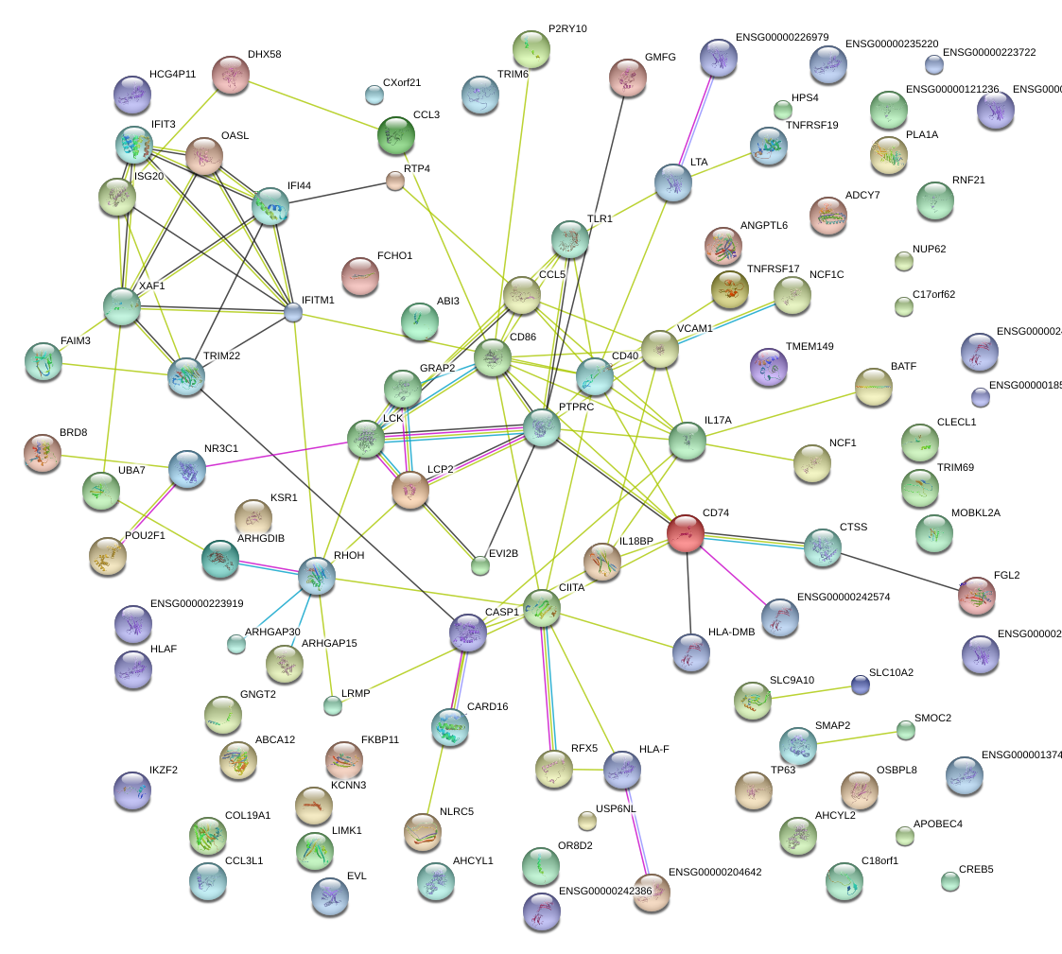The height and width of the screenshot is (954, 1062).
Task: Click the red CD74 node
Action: click(685, 533)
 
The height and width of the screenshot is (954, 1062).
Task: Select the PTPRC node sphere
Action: click(542, 427)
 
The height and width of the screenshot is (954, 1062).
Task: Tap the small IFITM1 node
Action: click(293, 311)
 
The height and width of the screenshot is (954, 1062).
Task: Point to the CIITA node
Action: click(542, 607)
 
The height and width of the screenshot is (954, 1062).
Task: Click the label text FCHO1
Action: click(394, 256)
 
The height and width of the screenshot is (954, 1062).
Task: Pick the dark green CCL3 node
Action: click(395, 135)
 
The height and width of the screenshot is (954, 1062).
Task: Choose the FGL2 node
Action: click(976, 596)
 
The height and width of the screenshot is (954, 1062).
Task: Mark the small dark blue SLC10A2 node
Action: click(859, 685)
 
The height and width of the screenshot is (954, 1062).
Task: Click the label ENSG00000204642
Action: click(715, 872)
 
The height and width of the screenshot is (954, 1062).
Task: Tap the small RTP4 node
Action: click(395, 182)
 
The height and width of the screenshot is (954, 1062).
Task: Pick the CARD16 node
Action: click(449, 726)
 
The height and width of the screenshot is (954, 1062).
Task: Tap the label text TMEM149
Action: click(810, 347)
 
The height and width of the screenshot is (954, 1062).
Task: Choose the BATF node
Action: click(873, 387)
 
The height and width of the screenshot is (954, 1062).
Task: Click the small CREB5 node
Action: click(949, 881)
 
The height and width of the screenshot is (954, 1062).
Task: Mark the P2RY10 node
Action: click(531, 49)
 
